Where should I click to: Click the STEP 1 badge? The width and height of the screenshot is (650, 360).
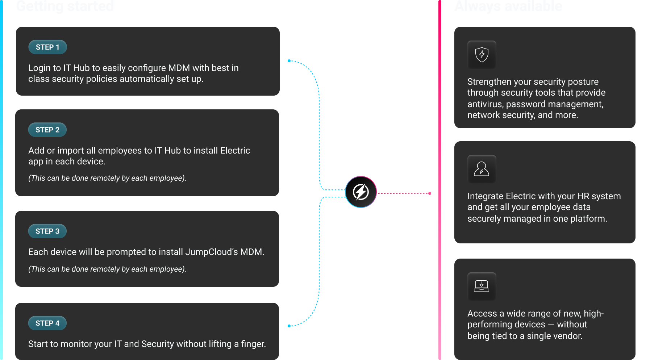click(47, 47)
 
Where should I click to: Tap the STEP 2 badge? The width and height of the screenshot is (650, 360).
click(47, 130)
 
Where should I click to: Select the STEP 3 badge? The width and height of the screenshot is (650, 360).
click(47, 231)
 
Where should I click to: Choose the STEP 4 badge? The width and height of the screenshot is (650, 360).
click(47, 323)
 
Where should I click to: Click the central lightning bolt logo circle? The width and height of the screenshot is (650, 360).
click(361, 192)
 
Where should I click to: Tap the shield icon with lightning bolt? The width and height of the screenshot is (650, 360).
click(482, 55)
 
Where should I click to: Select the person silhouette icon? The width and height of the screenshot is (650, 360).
click(482, 169)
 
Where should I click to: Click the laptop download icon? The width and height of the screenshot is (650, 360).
click(482, 286)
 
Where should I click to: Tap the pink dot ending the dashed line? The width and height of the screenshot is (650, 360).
click(430, 193)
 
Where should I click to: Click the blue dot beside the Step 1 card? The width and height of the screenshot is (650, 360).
click(289, 61)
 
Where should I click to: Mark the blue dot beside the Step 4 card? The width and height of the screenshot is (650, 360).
click(289, 326)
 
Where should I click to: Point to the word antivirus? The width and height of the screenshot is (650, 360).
click(485, 104)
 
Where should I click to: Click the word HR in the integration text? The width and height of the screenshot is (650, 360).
click(583, 196)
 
